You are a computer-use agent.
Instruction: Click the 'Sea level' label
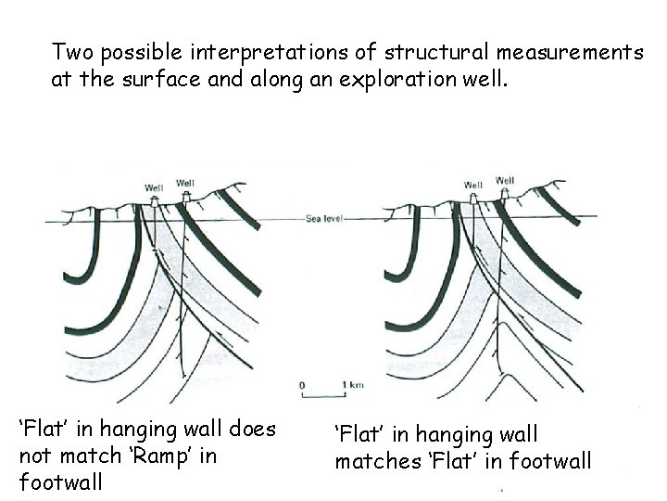[x=323, y=220]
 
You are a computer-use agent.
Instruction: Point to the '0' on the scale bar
[x=303, y=383]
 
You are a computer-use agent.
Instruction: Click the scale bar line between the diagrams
[x=324, y=392]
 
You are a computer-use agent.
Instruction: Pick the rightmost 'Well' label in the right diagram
[x=506, y=180]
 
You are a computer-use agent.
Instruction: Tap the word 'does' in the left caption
[x=250, y=430]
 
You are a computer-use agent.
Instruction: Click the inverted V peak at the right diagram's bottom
[x=502, y=377]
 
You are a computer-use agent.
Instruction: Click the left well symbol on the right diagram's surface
[x=473, y=199]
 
